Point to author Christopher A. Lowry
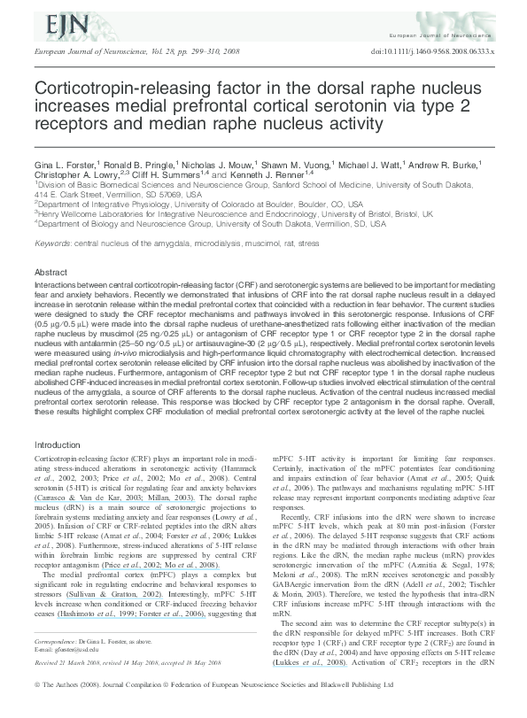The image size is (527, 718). [74, 176]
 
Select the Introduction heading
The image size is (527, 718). [58, 444]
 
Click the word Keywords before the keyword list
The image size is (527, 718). [52, 243]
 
